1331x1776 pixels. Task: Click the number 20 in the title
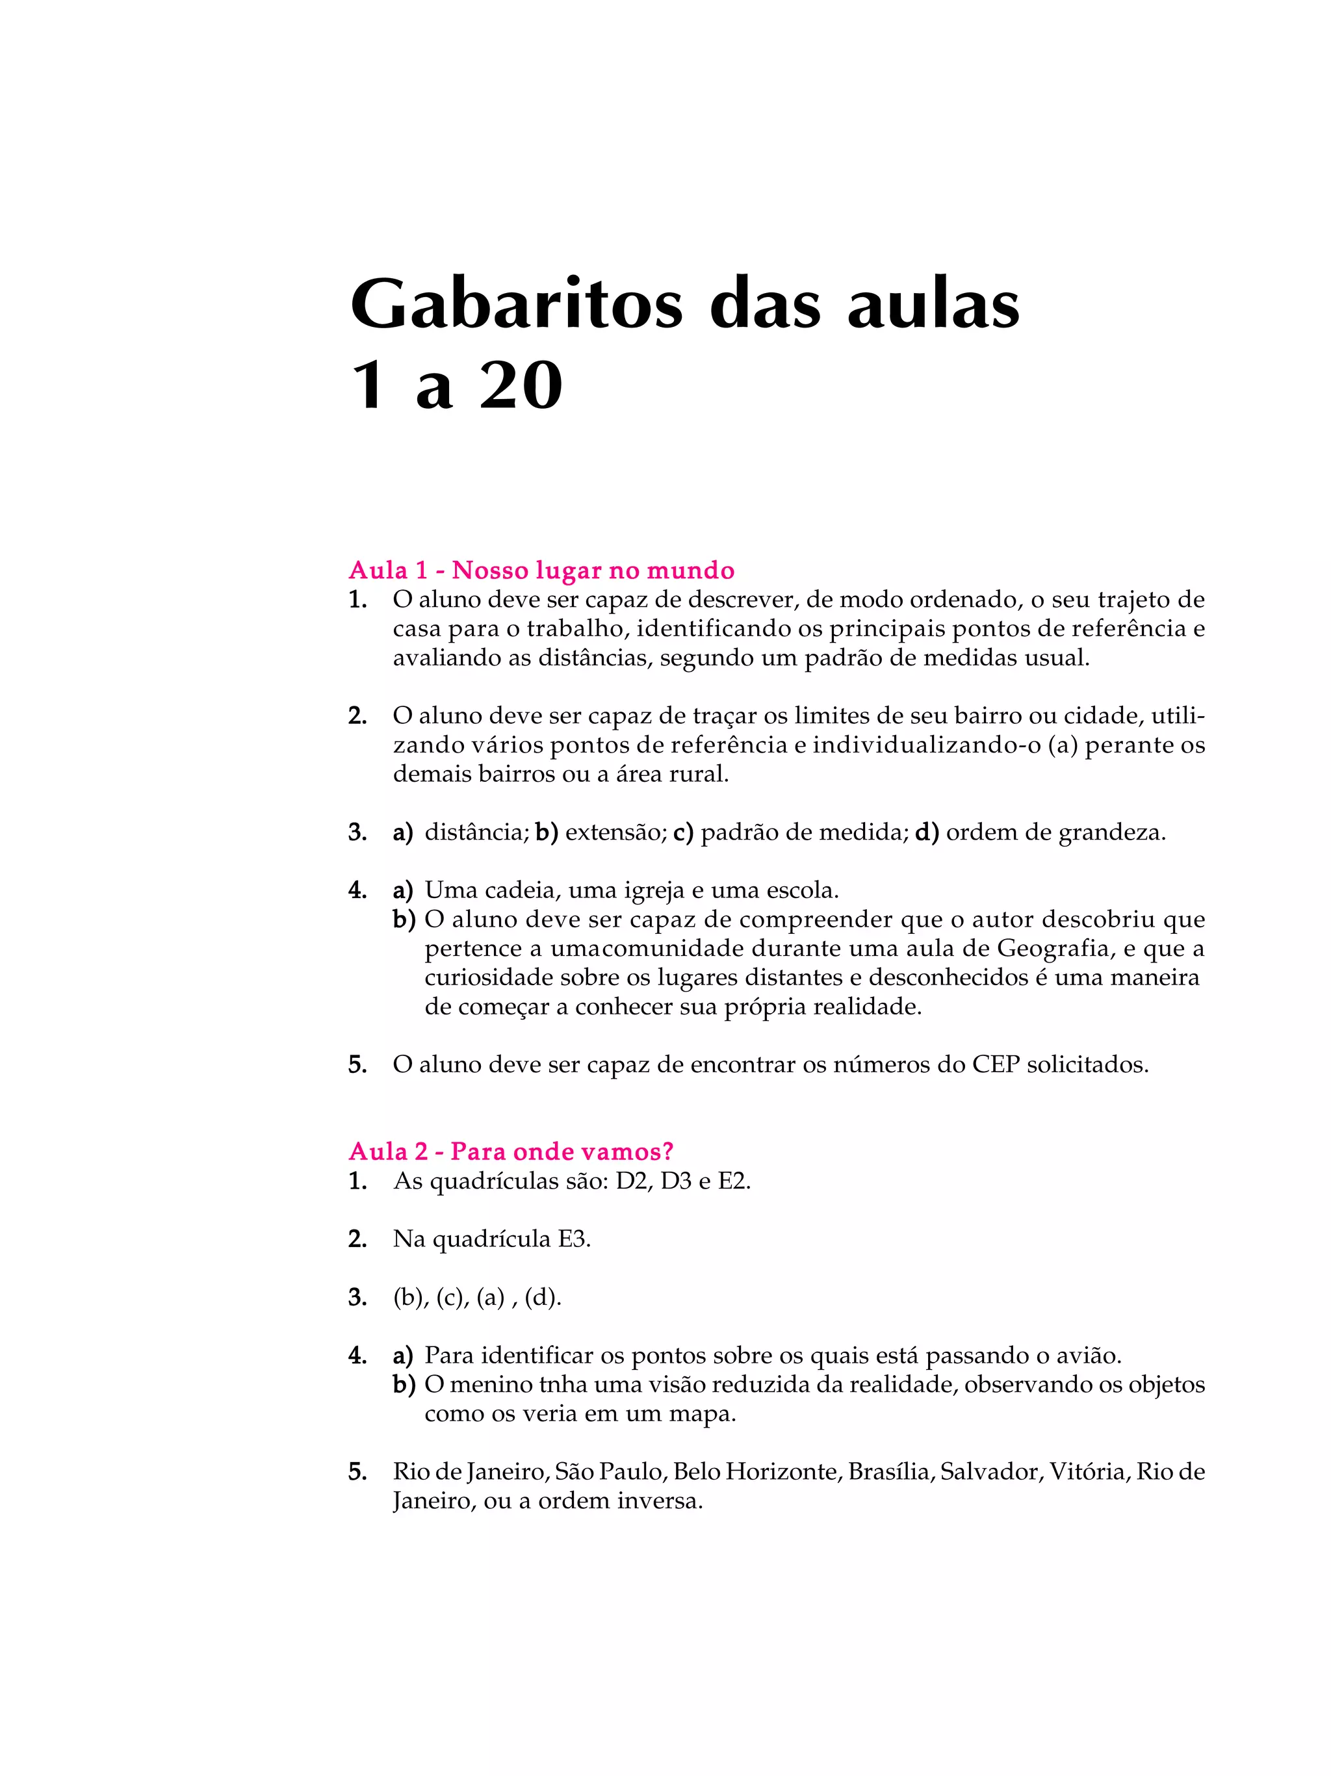point(520,387)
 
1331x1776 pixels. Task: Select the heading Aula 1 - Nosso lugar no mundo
point(541,570)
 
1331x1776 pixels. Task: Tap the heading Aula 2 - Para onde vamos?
point(511,1152)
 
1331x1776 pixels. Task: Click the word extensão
point(615,832)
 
